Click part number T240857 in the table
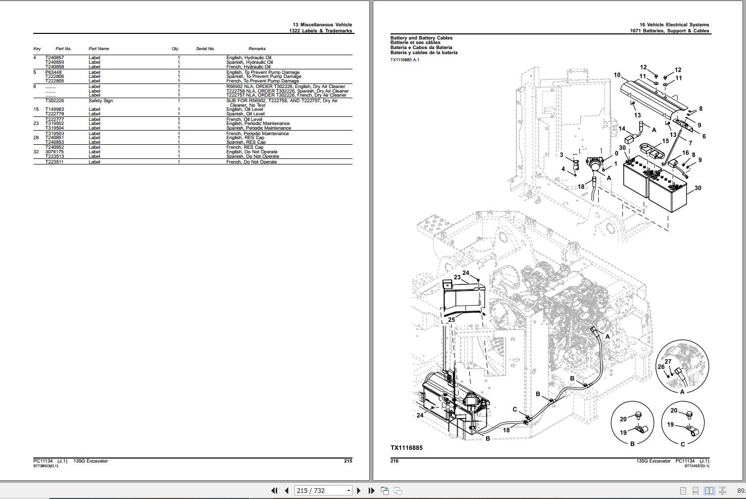click(55, 58)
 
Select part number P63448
click(53, 72)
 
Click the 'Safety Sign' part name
click(101, 101)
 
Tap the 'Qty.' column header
click(175, 49)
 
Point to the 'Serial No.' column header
click(205, 49)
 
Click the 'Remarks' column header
click(257, 49)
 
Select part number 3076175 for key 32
click(55, 152)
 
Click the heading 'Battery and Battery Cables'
click(421, 38)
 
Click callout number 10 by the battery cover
click(617, 75)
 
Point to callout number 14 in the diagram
click(622, 129)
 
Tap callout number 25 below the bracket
click(452, 320)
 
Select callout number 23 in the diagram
click(457, 277)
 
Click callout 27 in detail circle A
click(668, 361)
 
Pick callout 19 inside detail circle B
click(623, 433)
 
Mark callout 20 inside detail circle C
click(674, 410)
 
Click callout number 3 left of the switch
click(561, 155)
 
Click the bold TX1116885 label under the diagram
click(406, 448)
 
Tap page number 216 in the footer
click(394, 461)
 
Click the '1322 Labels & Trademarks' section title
click(321, 31)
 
